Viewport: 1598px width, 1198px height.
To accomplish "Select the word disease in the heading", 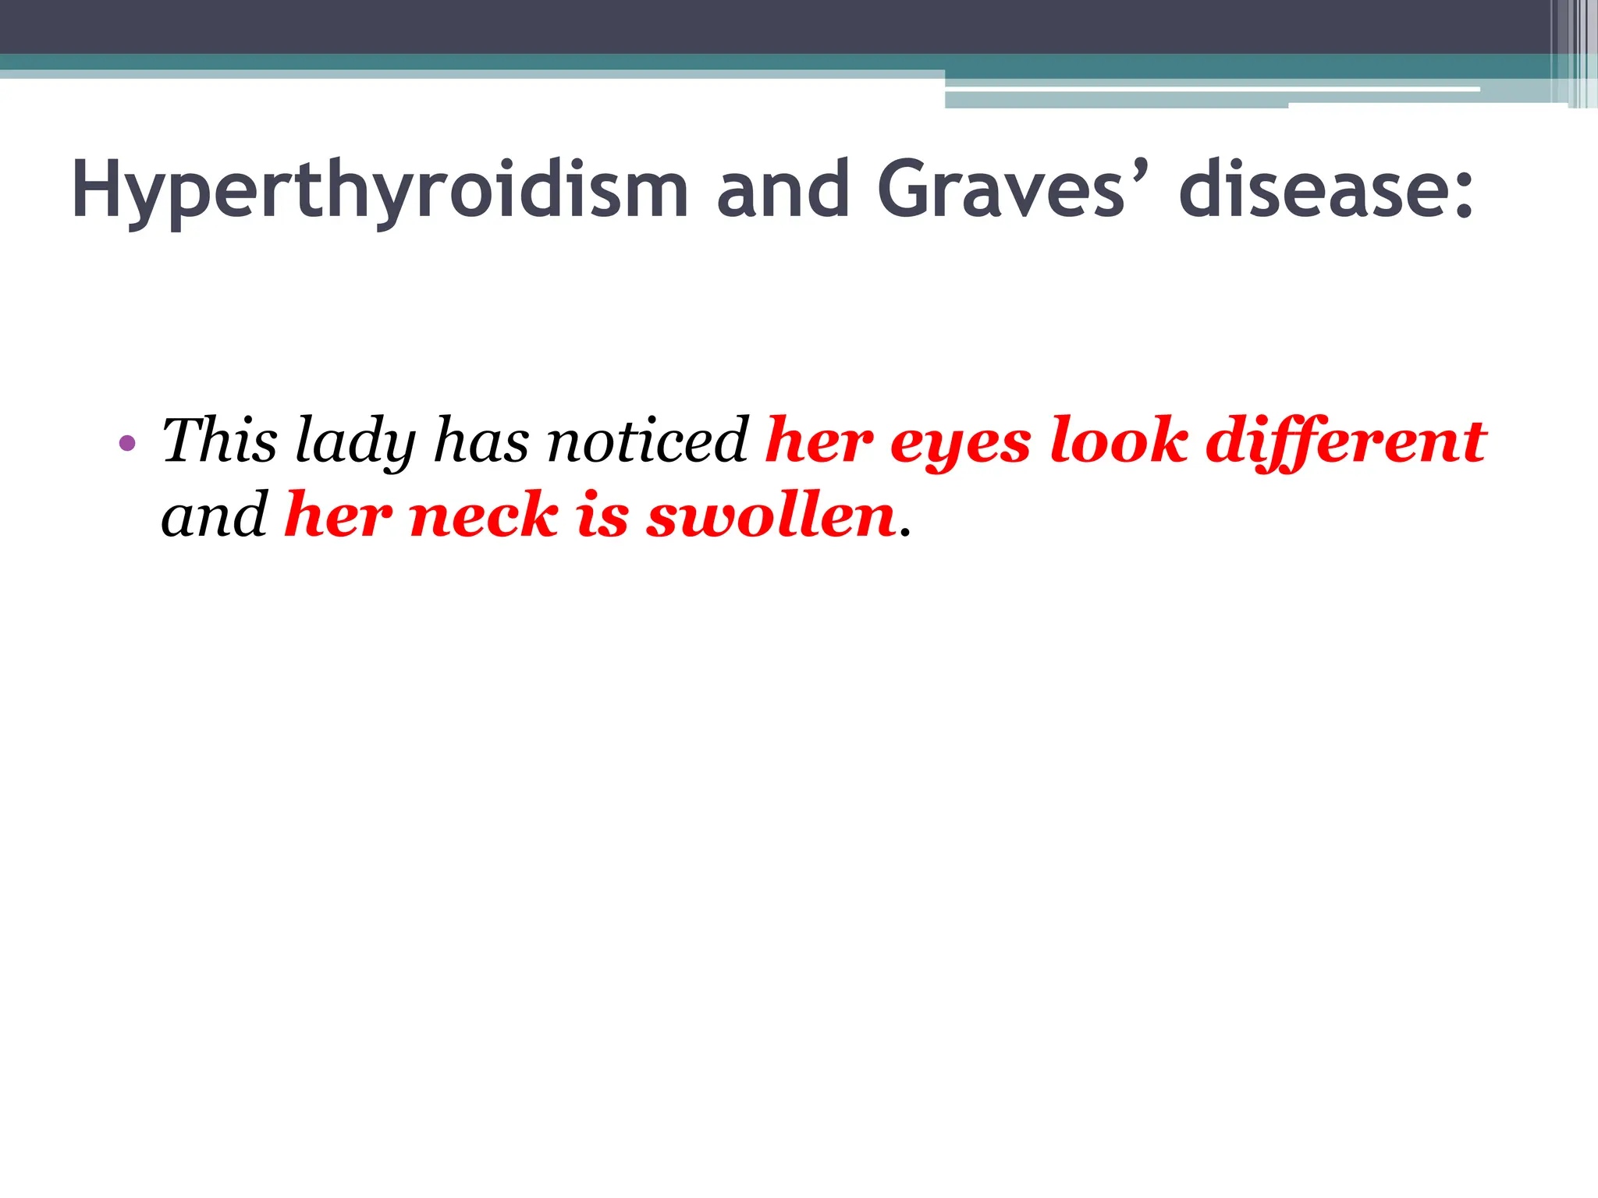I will (1312, 190).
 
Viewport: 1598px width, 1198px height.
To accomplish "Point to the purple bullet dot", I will (127, 444).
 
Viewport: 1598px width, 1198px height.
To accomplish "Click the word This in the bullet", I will (219, 440).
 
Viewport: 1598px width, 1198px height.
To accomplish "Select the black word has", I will (481, 441).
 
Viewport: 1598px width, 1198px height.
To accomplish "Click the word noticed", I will (648, 441).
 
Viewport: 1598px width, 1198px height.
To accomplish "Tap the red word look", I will (1119, 440).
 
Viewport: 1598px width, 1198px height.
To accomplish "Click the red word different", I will (1346, 441).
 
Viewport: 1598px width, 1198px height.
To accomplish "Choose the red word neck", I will (484, 516).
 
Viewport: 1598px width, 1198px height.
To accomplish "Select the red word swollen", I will (771, 516).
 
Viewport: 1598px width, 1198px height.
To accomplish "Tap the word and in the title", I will (783, 190).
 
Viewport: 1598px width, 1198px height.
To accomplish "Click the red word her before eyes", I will (819, 441).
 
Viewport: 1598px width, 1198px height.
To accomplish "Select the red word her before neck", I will (338, 516).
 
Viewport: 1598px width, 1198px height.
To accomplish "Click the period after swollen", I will (905, 534).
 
